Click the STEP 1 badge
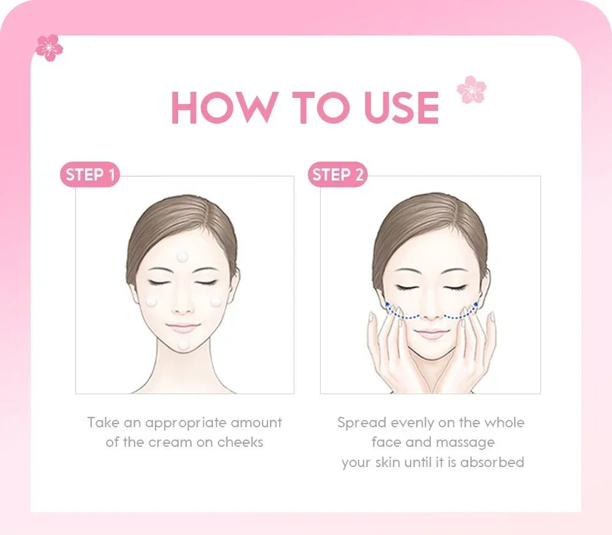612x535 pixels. point(90,175)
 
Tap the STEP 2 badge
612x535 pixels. point(337,175)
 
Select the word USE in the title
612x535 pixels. point(401,108)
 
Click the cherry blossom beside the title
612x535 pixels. point(471,89)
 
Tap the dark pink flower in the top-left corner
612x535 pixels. point(49,48)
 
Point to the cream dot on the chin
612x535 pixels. point(183,345)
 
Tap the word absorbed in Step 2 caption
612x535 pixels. point(492,462)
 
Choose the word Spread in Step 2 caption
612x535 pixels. point(362,422)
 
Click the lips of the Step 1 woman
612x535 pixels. point(182,329)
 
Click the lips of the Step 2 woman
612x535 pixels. point(431,334)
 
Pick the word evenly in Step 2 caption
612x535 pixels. point(414,422)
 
